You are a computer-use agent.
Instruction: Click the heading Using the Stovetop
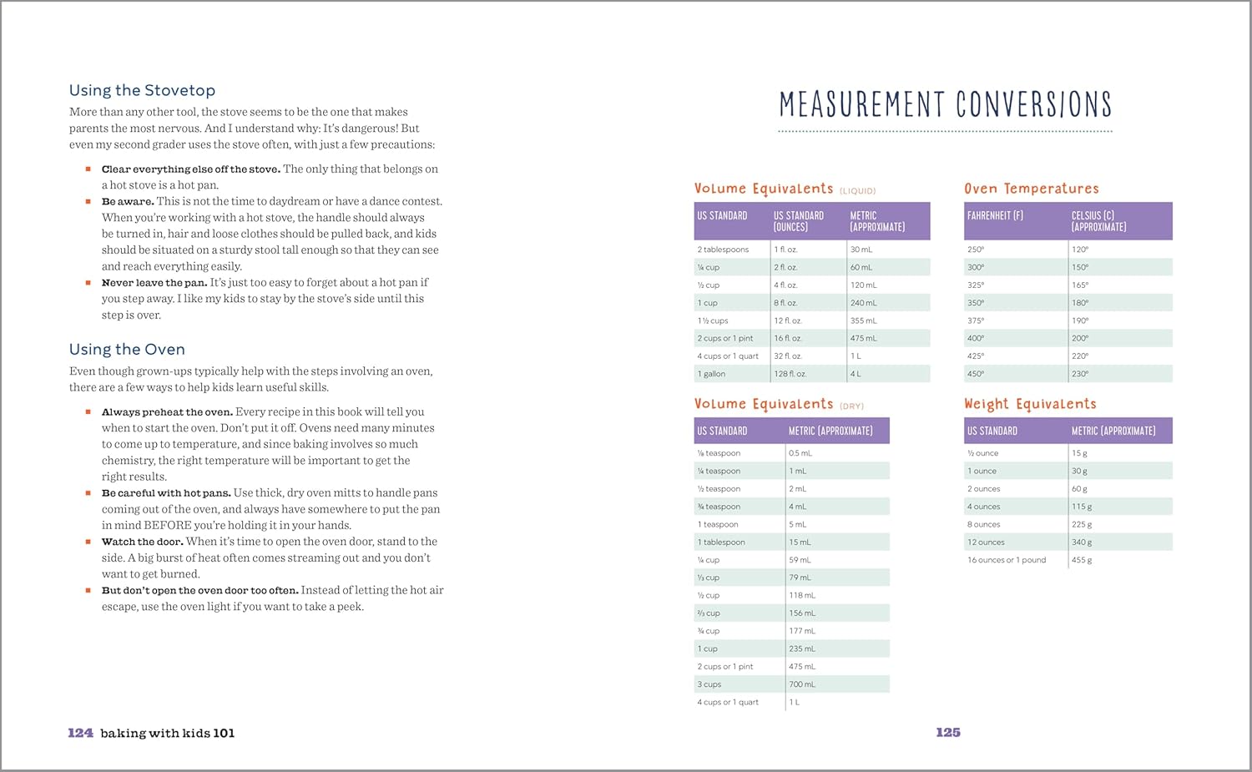click(142, 90)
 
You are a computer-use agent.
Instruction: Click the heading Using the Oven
click(127, 349)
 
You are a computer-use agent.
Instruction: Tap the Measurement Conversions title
click(945, 104)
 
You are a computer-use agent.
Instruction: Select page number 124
click(80, 733)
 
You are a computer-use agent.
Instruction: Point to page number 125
click(948, 732)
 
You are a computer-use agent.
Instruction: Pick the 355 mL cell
click(864, 320)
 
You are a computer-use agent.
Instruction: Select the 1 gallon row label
click(711, 374)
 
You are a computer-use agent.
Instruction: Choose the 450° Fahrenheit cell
click(976, 374)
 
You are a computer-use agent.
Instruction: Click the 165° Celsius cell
click(1080, 285)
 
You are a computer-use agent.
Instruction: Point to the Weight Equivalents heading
click(1030, 404)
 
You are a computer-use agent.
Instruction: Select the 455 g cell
click(1082, 560)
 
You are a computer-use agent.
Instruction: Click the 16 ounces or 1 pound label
click(1007, 560)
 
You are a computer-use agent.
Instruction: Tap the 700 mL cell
click(802, 684)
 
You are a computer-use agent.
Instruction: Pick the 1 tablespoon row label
click(721, 542)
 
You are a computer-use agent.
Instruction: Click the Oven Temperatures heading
click(1032, 189)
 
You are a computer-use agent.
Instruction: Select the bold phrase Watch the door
click(142, 542)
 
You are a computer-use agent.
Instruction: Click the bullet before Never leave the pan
click(88, 283)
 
